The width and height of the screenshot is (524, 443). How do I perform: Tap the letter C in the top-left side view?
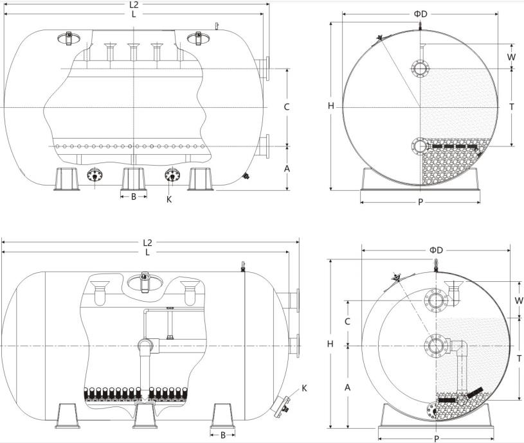[x=287, y=107]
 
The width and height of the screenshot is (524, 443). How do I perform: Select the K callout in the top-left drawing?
[x=169, y=200]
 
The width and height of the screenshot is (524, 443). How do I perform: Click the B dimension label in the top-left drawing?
[x=134, y=197]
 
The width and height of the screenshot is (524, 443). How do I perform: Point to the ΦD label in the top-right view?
[x=420, y=13]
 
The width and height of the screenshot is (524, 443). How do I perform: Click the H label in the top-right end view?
[x=330, y=107]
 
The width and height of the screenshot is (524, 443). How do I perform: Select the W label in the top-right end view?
[x=511, y=56]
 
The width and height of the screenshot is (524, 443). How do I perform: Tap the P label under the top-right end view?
[x=420, y=202]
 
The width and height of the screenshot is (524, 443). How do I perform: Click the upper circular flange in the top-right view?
[x=420, y=68]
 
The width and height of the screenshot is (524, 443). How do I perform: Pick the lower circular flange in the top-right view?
[x=420, y=146]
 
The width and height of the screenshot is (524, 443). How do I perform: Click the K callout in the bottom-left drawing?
[x=304, y=388]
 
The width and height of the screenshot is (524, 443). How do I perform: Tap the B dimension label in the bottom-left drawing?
[x=223, y=435]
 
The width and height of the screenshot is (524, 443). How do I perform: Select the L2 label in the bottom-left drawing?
[x=147, y=243]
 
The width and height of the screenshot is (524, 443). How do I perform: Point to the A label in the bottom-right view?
[x=348, y=387]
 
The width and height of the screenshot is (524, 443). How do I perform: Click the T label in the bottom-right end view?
[x=518, y=359]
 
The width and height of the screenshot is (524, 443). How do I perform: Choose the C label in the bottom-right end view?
[x=348, y=321]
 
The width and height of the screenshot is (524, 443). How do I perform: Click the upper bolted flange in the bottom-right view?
[x=435, y=299]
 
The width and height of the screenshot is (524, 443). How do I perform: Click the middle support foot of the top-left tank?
[x=134, y=178]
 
